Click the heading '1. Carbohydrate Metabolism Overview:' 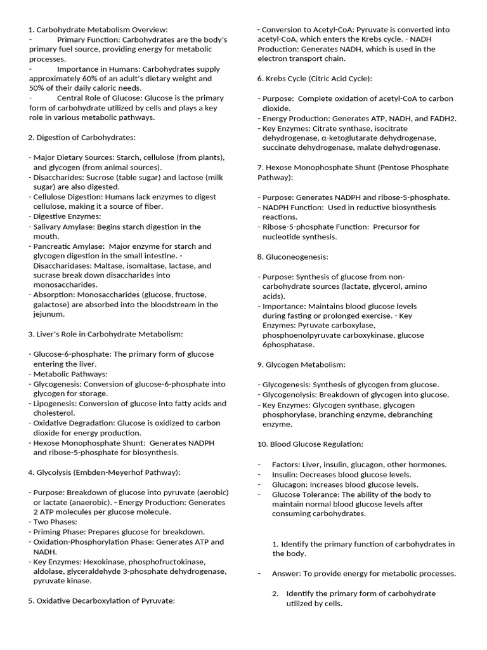pos(98,29)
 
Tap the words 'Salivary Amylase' pos(64,227)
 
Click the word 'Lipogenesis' pos(56,404)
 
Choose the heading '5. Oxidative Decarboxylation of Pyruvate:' pos(101,600)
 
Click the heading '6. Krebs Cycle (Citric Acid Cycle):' pos(315,78)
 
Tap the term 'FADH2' pos(444,118)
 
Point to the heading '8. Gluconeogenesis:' pos(292,256)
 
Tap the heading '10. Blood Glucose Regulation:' pos(310,444)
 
